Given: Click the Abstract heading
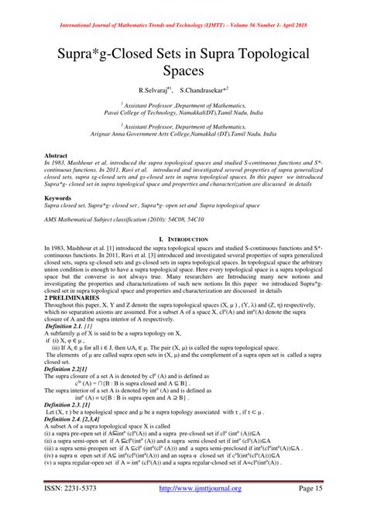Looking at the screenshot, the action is pyautogui.click(x=59, y=156).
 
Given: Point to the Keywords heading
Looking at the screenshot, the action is pyautogui.click(x=61, y=199).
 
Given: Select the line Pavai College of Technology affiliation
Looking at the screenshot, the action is pyautogui.click(x=183, y=112).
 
